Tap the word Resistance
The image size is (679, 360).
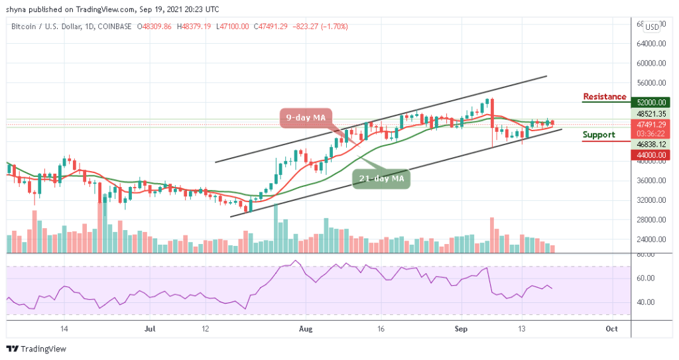(604, 97)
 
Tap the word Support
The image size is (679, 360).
(598, 135)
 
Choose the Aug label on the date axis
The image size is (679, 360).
(306, 328)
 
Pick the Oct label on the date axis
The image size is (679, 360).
(612, 328)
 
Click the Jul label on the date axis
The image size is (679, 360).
(150, 328)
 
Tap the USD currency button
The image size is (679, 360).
(652, 27)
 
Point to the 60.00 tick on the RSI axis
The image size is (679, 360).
(646, 278)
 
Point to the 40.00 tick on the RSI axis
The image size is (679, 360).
(646, 302)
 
